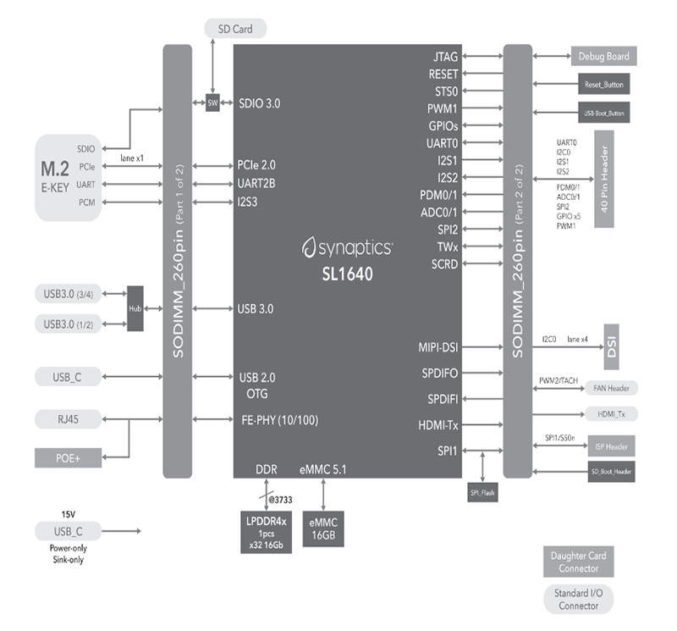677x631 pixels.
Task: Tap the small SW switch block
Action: (x=212, y=102)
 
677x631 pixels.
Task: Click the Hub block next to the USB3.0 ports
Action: (x=135, y=308)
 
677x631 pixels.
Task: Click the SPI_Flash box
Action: (x=483, y=490)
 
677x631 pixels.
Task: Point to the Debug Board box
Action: (x=603, y=57)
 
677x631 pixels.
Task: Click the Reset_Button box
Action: (x=603, y=85)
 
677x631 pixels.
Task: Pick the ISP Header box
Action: (x=605, y=446)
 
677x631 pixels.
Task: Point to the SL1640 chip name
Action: (x=347, y=276)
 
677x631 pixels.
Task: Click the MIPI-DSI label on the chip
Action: (x=439, y=346)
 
